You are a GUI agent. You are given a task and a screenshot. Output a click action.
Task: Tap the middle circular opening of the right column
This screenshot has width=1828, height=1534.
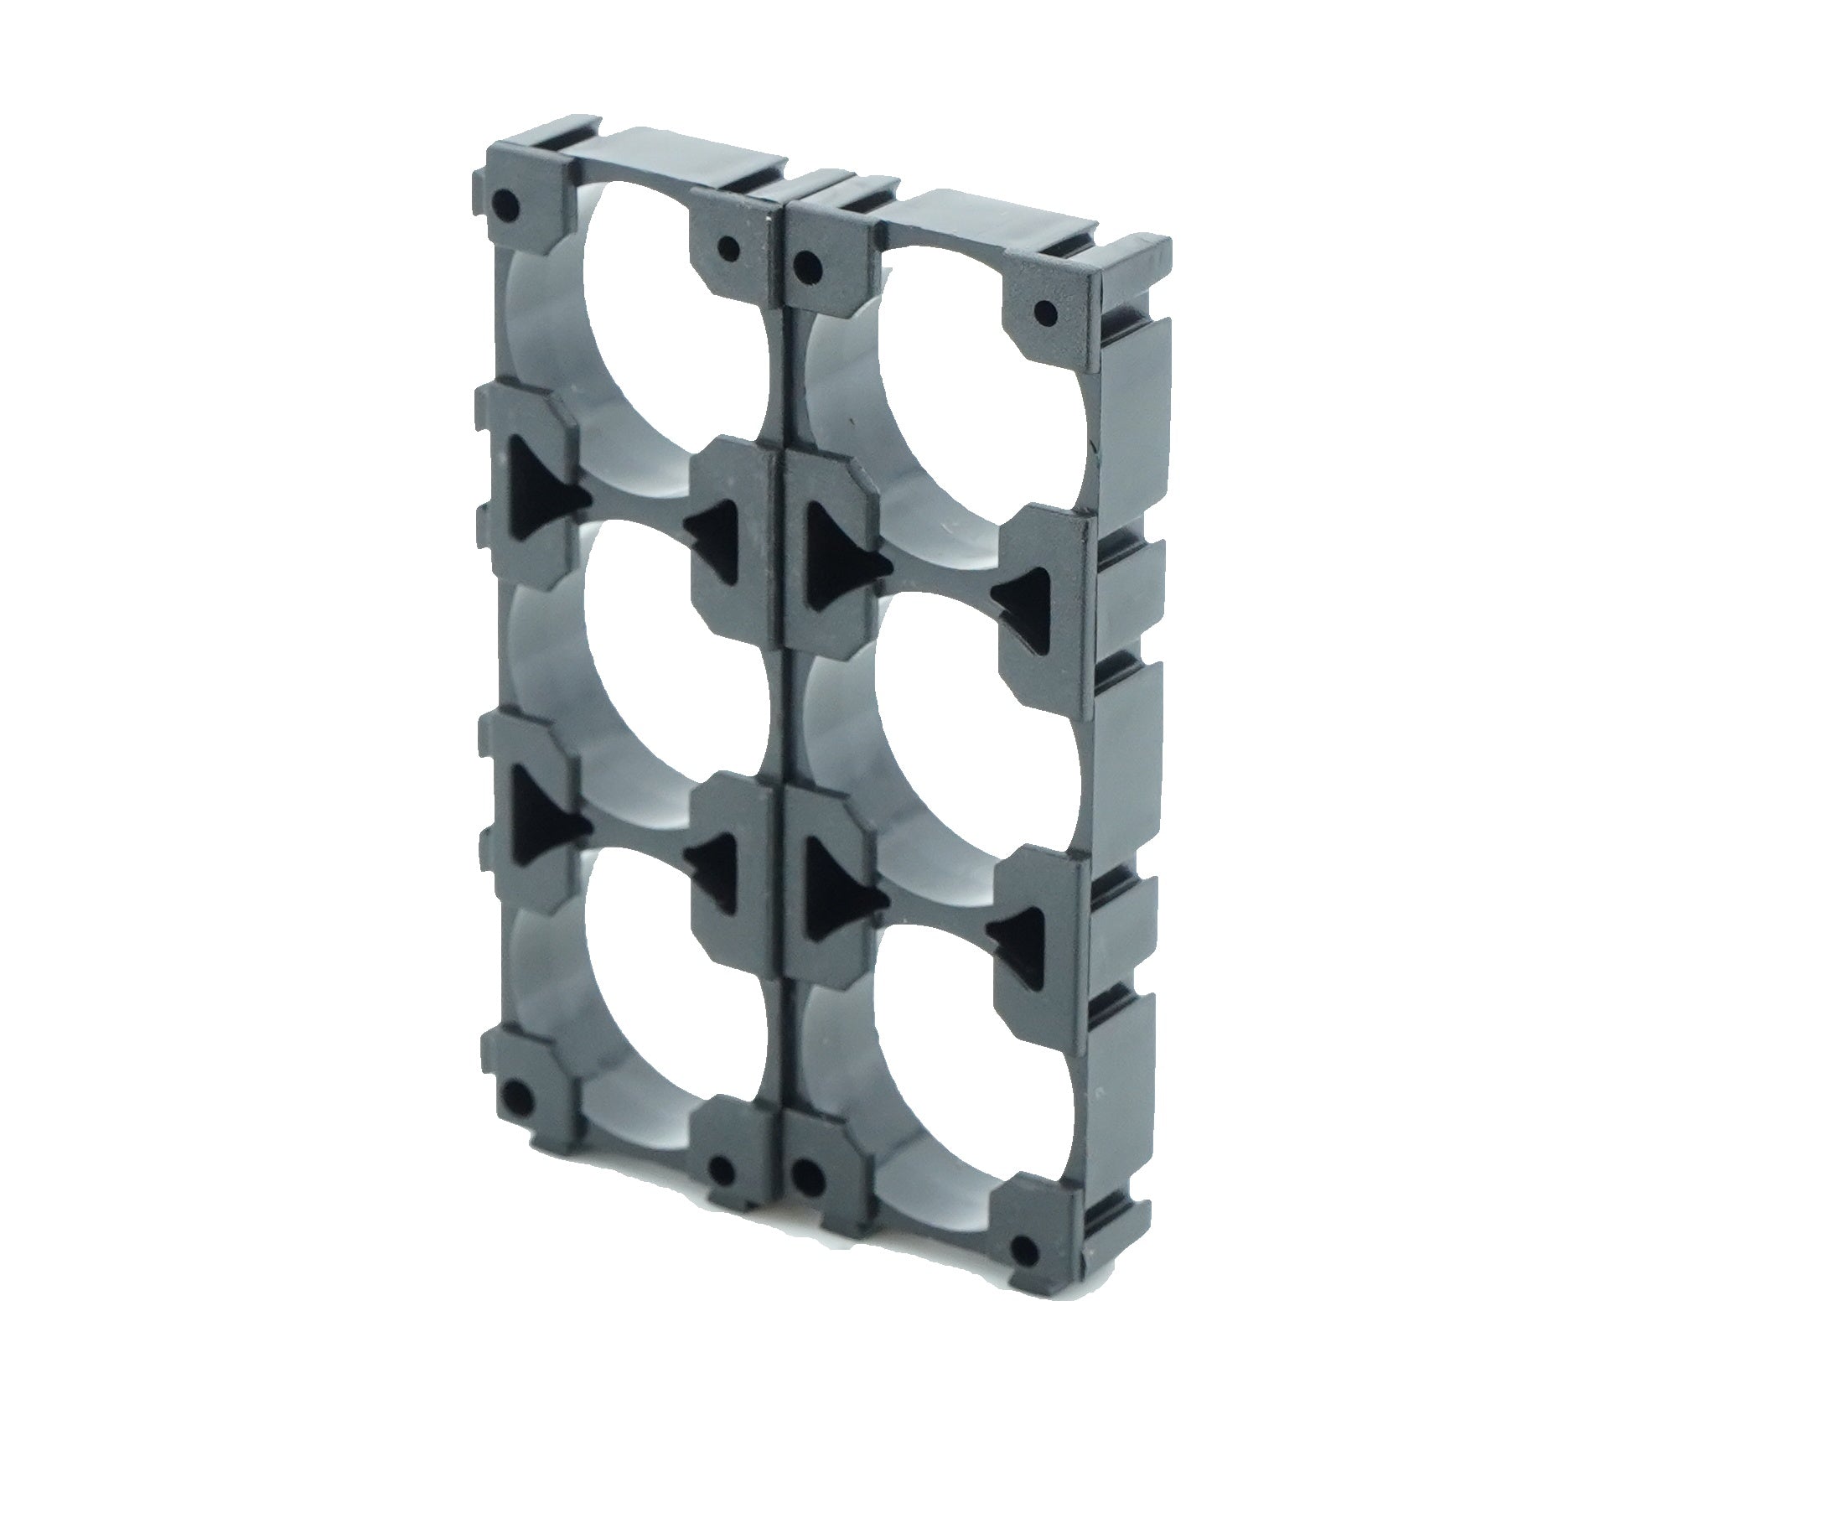[x=945, y=749]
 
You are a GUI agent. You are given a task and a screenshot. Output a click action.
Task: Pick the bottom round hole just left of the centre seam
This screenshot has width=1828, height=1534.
[x=722, y=1171]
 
